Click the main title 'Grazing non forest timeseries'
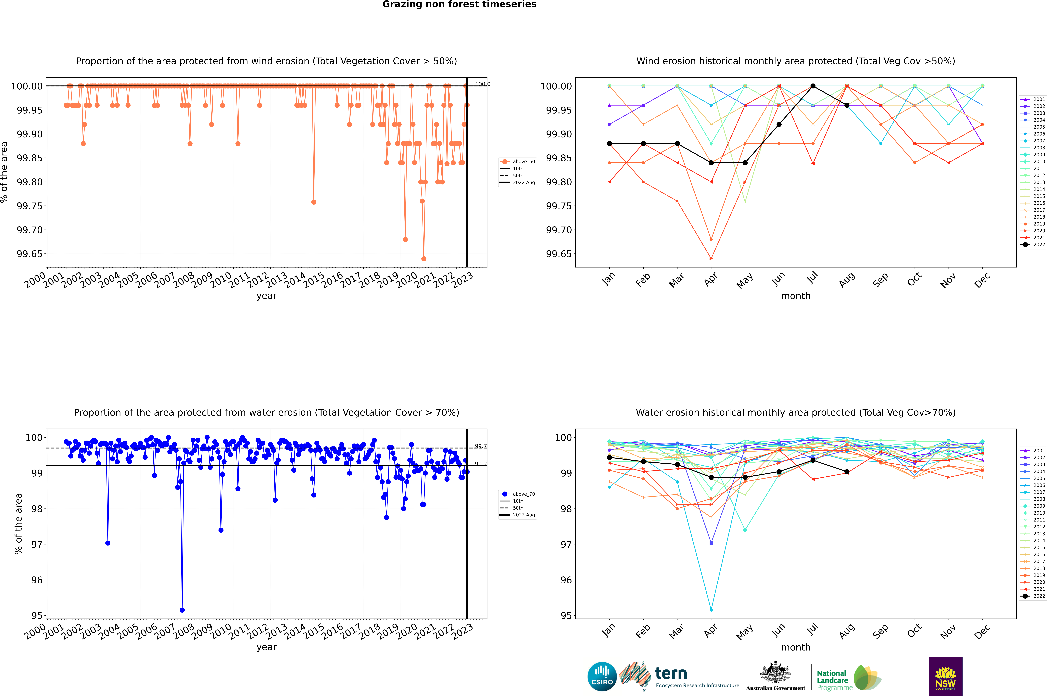coord(459,4)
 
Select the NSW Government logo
coord(945,677)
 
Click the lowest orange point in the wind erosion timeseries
coord(424,259)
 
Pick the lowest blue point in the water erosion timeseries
coord(182,610)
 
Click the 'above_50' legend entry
coord(524,162)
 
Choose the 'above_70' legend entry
coord(524,494)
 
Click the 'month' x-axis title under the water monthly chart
coord(796,647)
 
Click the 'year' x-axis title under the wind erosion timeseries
coord(266,296)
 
